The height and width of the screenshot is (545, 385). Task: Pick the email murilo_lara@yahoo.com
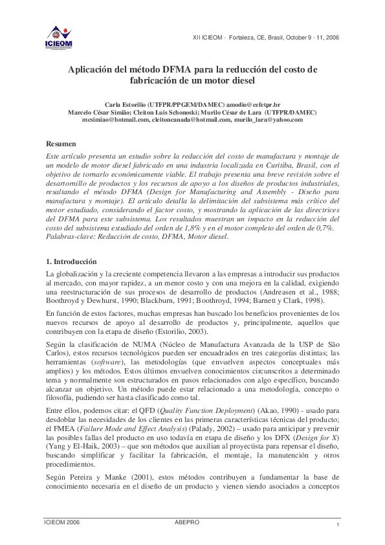(x=269, y=120)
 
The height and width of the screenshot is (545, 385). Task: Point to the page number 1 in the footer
(x=338, y=525)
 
